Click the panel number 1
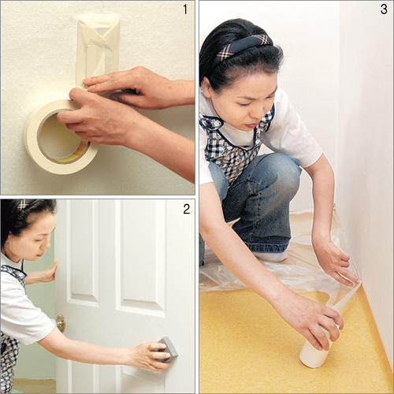(185, 9)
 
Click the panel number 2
(187, 209)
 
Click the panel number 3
(384, 9)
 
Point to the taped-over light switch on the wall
(98, 50)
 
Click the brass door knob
(61, 323)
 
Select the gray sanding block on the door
(166, 349)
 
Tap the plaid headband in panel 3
(243, 47)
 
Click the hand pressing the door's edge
(49, 272)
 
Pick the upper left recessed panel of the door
(83, 252)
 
